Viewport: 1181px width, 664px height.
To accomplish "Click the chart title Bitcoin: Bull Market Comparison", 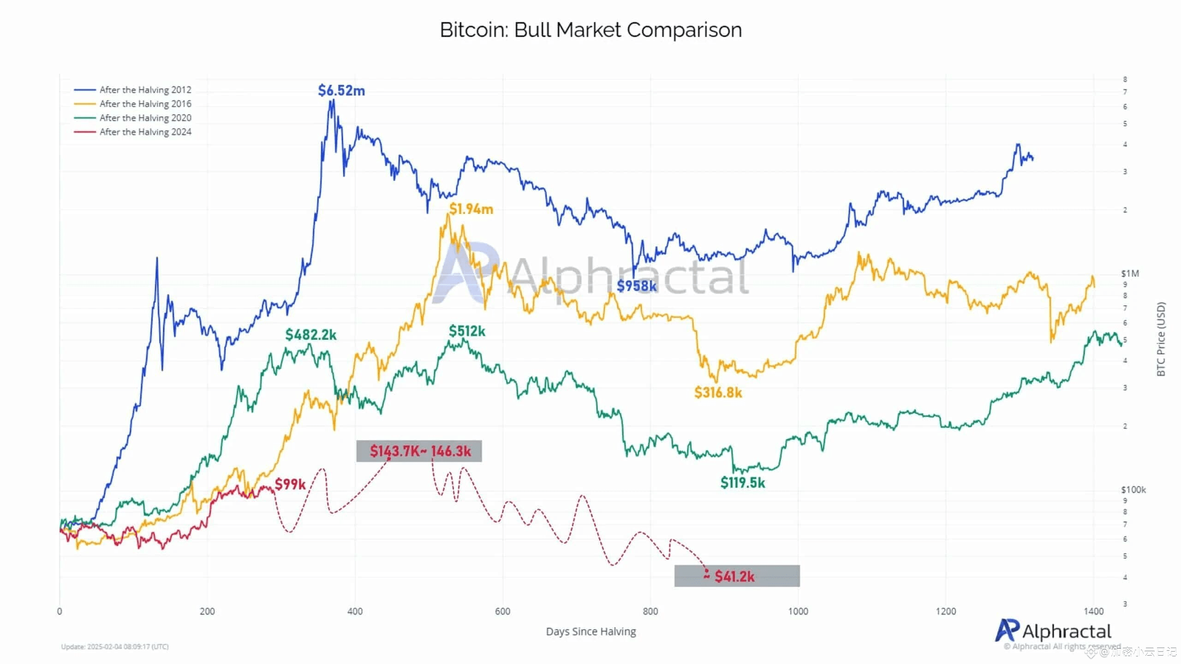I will (x=590, y=30).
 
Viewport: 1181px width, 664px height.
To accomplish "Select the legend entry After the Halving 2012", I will (x=145, y=90).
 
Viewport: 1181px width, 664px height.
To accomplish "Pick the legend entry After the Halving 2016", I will (x=145, y=104).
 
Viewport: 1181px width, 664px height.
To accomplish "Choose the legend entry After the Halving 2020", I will (x=145, y=118).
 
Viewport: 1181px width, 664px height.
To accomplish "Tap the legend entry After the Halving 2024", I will (x=145, y=132).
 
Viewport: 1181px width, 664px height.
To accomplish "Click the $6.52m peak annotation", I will (x=341, y=90).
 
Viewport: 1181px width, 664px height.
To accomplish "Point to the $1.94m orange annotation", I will (x=471, y=209).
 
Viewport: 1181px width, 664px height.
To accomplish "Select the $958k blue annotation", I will (x=637, y=286).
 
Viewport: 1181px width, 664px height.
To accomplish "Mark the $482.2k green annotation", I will (x=310, y=334).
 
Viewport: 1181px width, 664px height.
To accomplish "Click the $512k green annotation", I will (x=467, y=331).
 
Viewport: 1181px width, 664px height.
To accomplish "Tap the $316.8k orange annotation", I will (x=718, y=392).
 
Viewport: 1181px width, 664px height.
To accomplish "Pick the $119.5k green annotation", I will (x=742, y=483).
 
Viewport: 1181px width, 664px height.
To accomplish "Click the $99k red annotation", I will (x=290, y=484).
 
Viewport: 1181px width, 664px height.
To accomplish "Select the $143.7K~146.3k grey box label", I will (x=420, y=451).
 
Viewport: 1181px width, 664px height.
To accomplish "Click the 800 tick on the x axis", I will (x=650, y=611).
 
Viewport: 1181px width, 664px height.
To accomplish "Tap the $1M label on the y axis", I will (x=1130, y=273).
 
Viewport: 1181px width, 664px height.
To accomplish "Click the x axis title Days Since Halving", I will (x=590, y=631).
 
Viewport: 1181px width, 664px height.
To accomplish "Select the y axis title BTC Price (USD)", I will (x=1161, y=339).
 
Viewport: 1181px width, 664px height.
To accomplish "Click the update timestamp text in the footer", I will (x=115, y=646).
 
